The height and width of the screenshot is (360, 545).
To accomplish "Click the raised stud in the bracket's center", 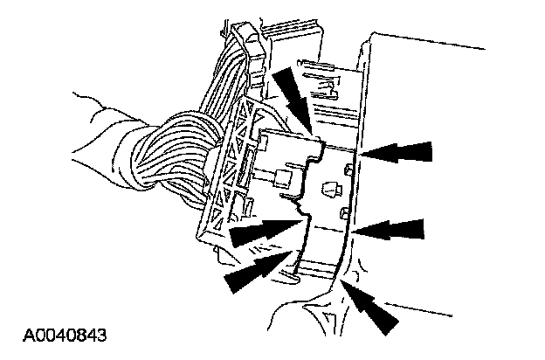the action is (x=331, y=188).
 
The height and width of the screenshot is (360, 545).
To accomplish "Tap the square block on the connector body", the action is (x=282, y=180).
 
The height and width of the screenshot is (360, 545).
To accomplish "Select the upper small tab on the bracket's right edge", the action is (x=348, y=168).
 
